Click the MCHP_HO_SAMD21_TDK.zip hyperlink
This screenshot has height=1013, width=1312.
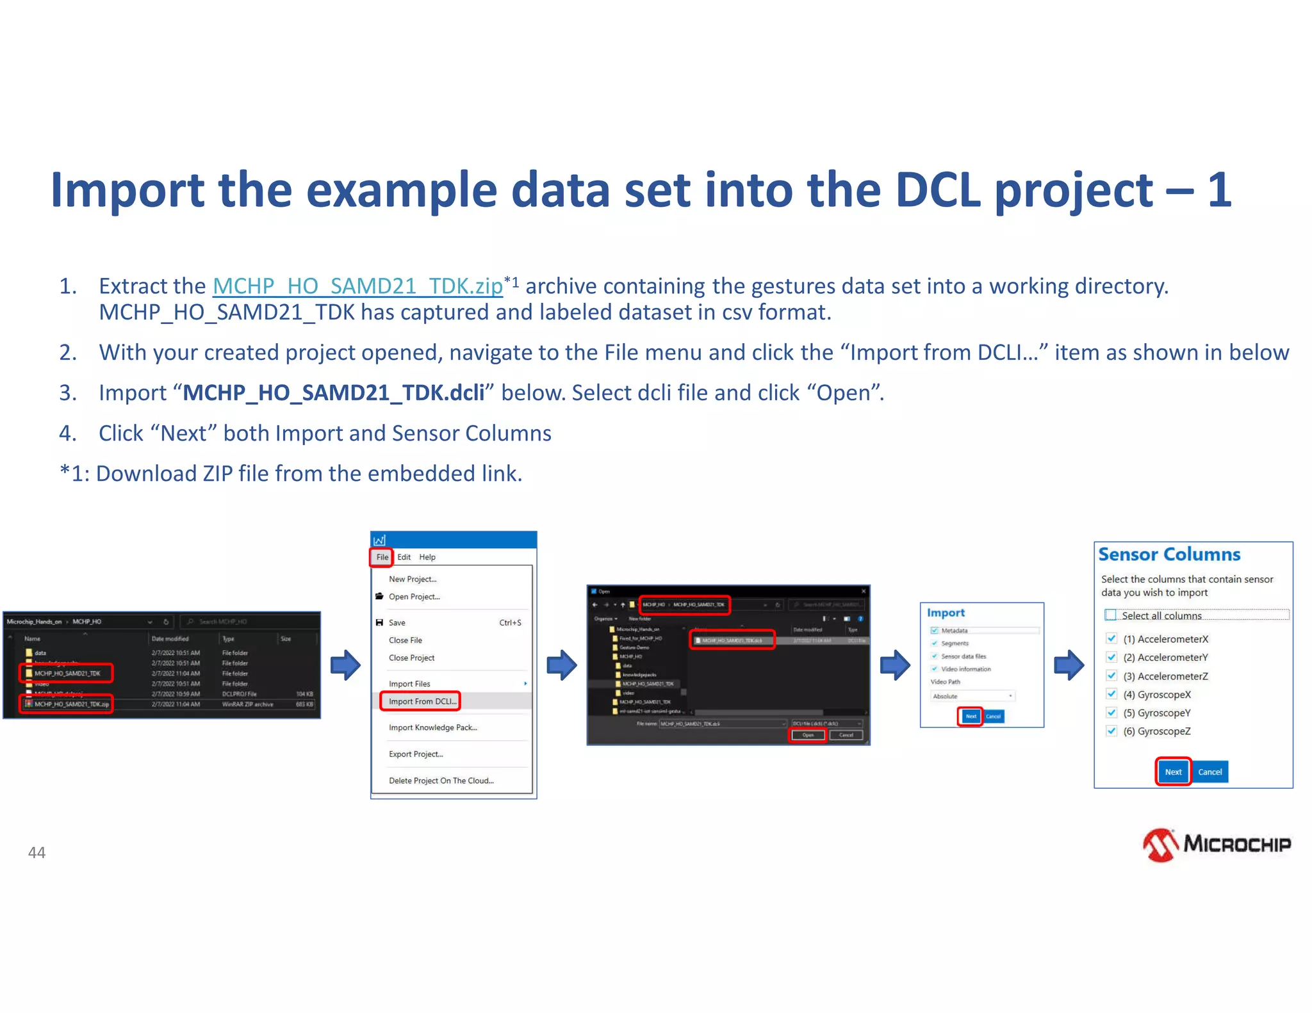coord(357,286)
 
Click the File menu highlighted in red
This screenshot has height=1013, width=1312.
coord(382,557)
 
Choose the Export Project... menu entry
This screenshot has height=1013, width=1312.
coord(415,754)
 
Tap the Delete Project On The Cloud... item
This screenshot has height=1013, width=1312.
coord(441,781)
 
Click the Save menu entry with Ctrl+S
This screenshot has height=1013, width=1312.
coord(397,622)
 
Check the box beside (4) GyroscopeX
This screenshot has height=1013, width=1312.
coord(1111,694)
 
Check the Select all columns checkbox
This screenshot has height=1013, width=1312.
coord(1111,615)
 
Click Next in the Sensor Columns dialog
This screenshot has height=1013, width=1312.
coord(1173,772)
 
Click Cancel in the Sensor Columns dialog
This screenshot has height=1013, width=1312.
coord(1209,772)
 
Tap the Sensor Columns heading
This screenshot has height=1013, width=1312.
coord(1169,555)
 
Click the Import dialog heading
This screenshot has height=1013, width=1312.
coord(946,613)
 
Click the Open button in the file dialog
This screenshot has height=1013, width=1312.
coord(807,735)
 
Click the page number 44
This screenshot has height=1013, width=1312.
coord(37,852)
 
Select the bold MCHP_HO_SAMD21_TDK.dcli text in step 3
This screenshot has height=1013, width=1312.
coord(333,393)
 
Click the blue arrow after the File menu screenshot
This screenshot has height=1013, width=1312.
coord(562,665)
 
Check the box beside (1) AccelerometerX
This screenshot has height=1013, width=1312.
coord(1111,638)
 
